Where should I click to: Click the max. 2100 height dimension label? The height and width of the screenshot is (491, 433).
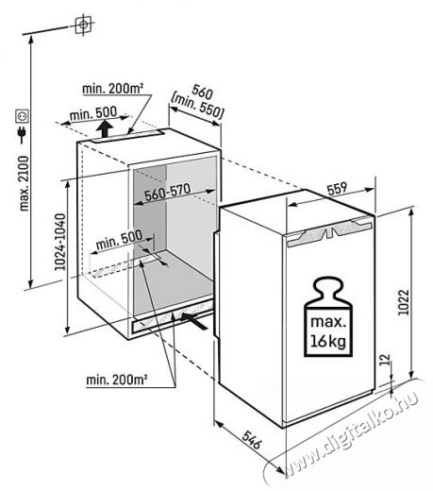(25, 183)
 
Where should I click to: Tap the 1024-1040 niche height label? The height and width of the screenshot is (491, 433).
(60, 242)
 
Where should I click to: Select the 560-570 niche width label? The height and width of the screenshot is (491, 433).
(168, 192)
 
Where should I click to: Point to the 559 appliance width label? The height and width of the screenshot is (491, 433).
(337, 189)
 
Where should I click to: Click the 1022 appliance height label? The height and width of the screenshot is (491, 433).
(404, 302)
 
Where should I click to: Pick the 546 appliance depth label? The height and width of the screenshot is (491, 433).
(252, 440)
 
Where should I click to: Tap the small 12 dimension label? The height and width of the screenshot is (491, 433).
(386, 360)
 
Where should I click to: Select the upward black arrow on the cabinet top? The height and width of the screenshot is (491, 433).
(105, 129)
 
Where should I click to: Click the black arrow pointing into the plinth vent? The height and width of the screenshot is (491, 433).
(194, 320)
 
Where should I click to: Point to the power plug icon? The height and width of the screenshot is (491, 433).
(23, 134)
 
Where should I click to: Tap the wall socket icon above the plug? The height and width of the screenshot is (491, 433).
(23, 116)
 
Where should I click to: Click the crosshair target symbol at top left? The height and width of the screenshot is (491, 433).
(83, 25)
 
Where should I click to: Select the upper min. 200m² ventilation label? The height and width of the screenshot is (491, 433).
(113, 89)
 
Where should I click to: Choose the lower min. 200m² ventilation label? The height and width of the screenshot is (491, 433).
(117, 380)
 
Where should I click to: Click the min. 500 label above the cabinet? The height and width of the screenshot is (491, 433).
(93, 113)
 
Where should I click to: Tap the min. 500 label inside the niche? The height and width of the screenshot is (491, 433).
(119, 239)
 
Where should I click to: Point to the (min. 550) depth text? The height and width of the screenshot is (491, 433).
(197, 107)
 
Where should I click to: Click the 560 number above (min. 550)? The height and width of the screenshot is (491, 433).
(202, 92)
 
